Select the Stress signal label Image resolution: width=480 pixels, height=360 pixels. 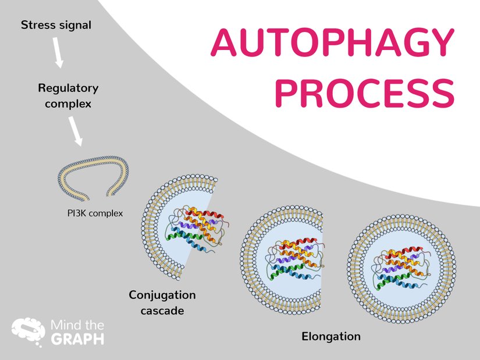tap(56, 26)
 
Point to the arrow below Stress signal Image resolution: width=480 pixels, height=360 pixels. tap(57, 52)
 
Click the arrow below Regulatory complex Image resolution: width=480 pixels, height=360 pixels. tap(75, 131)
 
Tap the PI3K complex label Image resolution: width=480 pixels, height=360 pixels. tap(95, 213)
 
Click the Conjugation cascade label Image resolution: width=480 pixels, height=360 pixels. tap(162, 302)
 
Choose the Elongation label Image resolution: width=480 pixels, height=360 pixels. tap(330, 337)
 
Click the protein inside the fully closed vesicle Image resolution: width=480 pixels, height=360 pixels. tap(401, 267)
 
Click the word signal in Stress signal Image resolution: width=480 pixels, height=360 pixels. tap(74, 26)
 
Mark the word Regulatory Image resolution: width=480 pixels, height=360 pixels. tap(68, 88)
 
